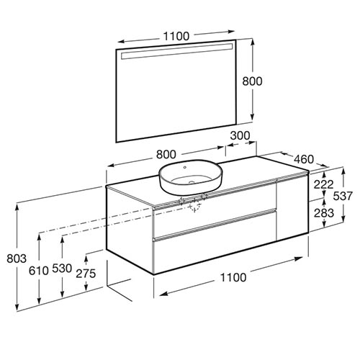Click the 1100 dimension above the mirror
pyautogui.click(x=176, y=36)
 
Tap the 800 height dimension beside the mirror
pyautogui.click(x=252, y=81)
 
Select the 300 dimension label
pyautogui.click(x=240, y=136)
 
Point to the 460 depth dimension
pyautogui.click(x=304, y=159)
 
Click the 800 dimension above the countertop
pyautogui.click(x=166, y=155)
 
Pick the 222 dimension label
pyautogui.click(x=324, y=184)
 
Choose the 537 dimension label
pyautogui.click(x=343, y=196)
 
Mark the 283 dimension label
pyautogui.click(x=324, y=213)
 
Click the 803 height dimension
pyautogui.click(x=17, y=258)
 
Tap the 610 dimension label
pyautogui.click(x=39, y=271)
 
